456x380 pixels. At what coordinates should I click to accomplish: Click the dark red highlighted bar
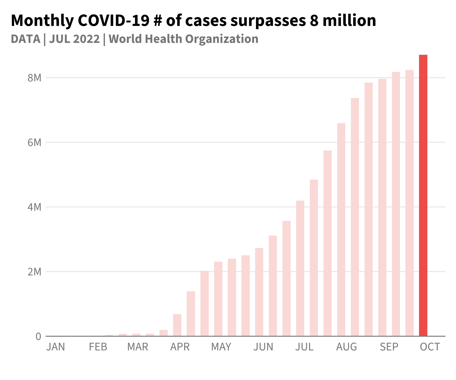tap(423, 195)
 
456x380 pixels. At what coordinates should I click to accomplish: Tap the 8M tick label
tap(34, 78)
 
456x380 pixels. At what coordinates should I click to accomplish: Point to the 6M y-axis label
tap(34, 142)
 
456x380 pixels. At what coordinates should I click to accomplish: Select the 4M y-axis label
tap(34, 207)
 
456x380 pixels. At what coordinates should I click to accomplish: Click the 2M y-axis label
tap(34, 272)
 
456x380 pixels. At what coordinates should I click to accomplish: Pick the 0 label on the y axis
tap(38, 336)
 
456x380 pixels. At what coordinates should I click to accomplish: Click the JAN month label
tap(56, 347)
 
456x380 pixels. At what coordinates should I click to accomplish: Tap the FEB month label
tap(98, 347)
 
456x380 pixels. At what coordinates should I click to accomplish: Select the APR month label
tap(180, 347)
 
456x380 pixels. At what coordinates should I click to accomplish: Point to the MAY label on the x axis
tap(221, 347)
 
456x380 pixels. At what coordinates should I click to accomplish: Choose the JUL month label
tap(304, 347)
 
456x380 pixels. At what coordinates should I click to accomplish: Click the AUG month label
tap(347, 347)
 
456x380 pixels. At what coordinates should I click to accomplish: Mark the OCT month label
tap(430, 347)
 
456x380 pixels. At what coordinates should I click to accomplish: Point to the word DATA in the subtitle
tap(26, 39)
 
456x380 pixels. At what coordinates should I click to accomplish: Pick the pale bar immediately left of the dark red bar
tap(409, 203)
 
